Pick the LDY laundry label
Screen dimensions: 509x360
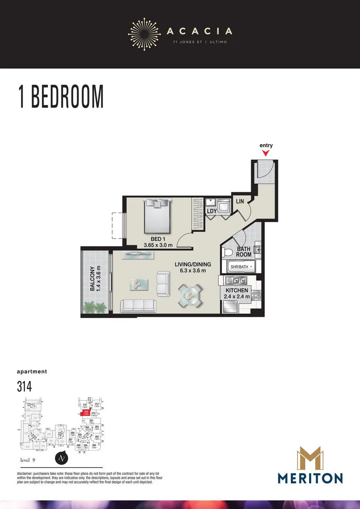(x=212, y=212)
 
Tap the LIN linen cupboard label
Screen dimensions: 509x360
(x=240, y=202)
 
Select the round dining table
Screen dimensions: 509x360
(x=189, y=296)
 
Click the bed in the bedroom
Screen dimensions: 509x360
(x=157, y=216)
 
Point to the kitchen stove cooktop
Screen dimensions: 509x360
(x=257, y=296)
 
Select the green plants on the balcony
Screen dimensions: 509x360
(x=95, y=308)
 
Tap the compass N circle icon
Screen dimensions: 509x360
(x=60, y=458)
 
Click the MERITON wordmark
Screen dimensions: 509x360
(x=310, y=478)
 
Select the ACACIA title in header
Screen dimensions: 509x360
(x=199, y=32)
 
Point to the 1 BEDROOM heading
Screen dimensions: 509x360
(x=61, y=97)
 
